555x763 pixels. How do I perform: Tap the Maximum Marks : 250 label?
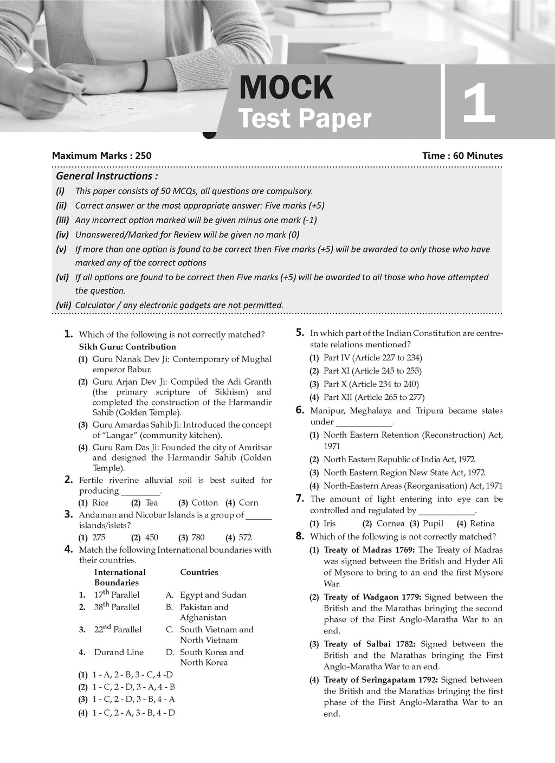click(102, 156)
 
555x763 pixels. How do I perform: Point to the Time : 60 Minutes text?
click(462, 156)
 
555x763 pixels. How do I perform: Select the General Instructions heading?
click(107, 176)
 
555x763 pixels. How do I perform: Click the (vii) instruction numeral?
click(63, 305)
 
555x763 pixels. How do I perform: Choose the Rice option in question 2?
click(100, 503)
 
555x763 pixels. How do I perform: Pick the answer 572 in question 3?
click(245, 538)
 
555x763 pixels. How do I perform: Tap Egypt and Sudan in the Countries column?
click(213, 595)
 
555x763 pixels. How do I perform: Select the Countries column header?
click(199, 572)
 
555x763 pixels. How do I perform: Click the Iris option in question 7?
click(330, 523)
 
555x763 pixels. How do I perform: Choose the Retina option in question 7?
click(482, 523)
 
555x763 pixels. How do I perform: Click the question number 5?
click(300, 333)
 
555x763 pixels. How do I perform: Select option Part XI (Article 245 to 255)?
click(372, 371)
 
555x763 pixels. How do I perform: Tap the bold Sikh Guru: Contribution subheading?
click(127, 347)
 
